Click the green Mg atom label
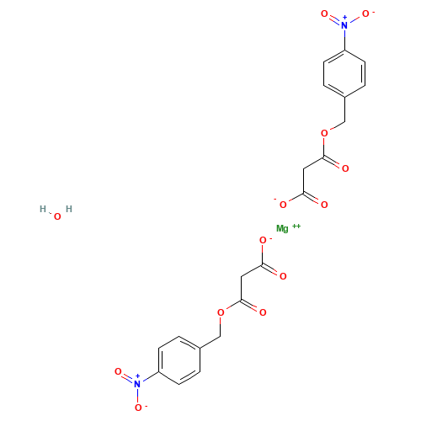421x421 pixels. coord(283,228)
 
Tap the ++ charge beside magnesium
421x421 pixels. coord(296,226)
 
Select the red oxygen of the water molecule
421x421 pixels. coord(56,217)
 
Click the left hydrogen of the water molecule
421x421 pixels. coord(43,209)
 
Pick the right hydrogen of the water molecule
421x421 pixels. coord(69,209)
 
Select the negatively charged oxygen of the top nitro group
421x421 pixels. coord(365,13)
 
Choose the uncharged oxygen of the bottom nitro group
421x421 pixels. coord(118,370)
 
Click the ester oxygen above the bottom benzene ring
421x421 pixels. coord(221,312)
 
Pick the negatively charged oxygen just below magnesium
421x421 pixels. coord(263,240)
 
